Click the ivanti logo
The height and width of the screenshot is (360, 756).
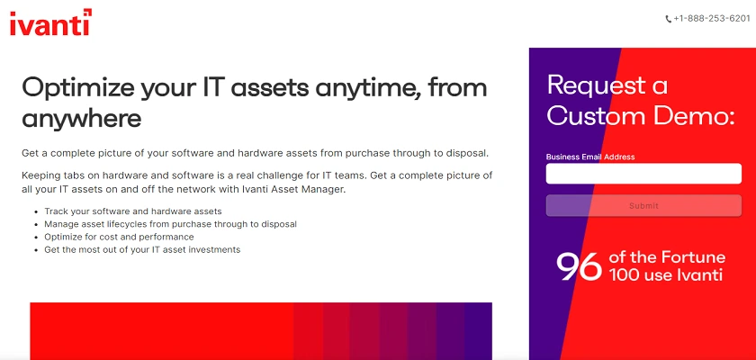50,22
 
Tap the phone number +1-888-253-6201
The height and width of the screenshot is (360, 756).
712,19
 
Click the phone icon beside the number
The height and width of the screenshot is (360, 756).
668,19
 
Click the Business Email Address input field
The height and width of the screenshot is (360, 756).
643,174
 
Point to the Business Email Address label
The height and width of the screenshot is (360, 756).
590,157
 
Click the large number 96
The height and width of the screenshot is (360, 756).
579,266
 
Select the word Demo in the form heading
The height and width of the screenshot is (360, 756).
687,116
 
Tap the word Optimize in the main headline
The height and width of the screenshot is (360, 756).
77,89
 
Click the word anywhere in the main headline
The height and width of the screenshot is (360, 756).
82,118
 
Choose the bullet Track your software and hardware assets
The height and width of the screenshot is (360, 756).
133,211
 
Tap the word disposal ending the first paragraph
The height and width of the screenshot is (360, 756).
467,154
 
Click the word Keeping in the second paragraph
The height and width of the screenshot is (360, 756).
38,175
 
